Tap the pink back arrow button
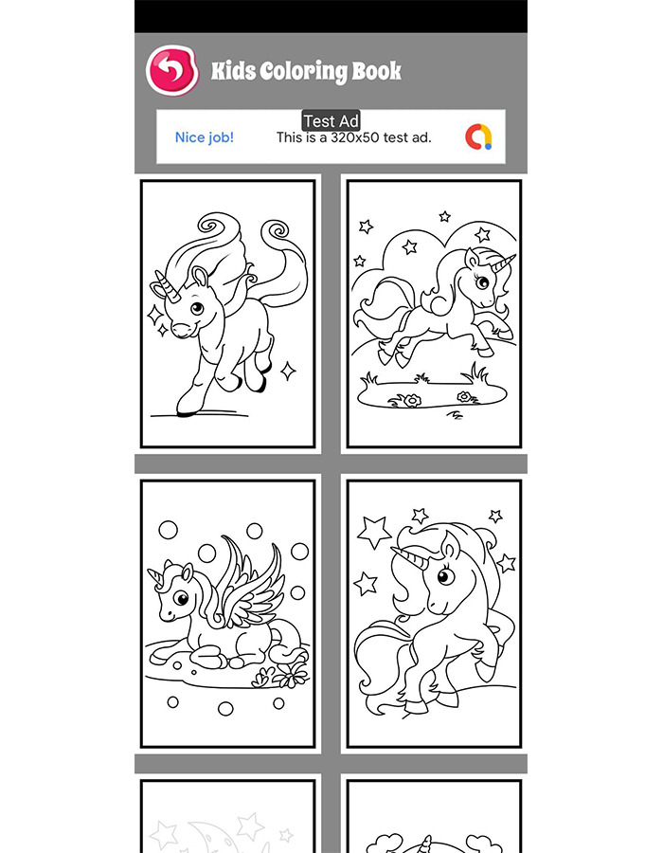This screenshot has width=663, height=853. (171, 71)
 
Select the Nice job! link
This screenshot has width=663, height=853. (205, 137)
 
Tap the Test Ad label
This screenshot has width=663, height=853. (331, 120)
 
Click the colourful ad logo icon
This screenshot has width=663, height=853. (478, 136)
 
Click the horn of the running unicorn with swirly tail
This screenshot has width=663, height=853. (168, 285)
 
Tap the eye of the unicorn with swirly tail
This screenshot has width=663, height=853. (197, 308)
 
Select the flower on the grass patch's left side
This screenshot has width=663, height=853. (412, 401)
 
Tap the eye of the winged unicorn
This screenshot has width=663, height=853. (181, 599)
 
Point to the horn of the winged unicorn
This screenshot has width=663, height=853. (155, 578)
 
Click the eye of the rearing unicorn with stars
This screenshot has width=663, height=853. (445, 576)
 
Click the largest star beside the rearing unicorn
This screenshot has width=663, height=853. (374, 532)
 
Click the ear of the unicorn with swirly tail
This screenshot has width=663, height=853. (201, 277)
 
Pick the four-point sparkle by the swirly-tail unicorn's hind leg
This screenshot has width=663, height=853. (288, 371)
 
